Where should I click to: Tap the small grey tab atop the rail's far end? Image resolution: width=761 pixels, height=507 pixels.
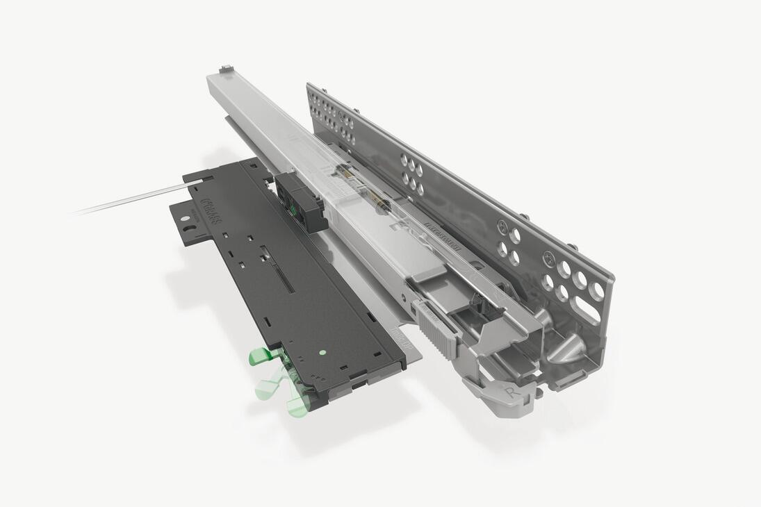224,69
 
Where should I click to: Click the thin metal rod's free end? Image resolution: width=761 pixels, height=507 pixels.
76,212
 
